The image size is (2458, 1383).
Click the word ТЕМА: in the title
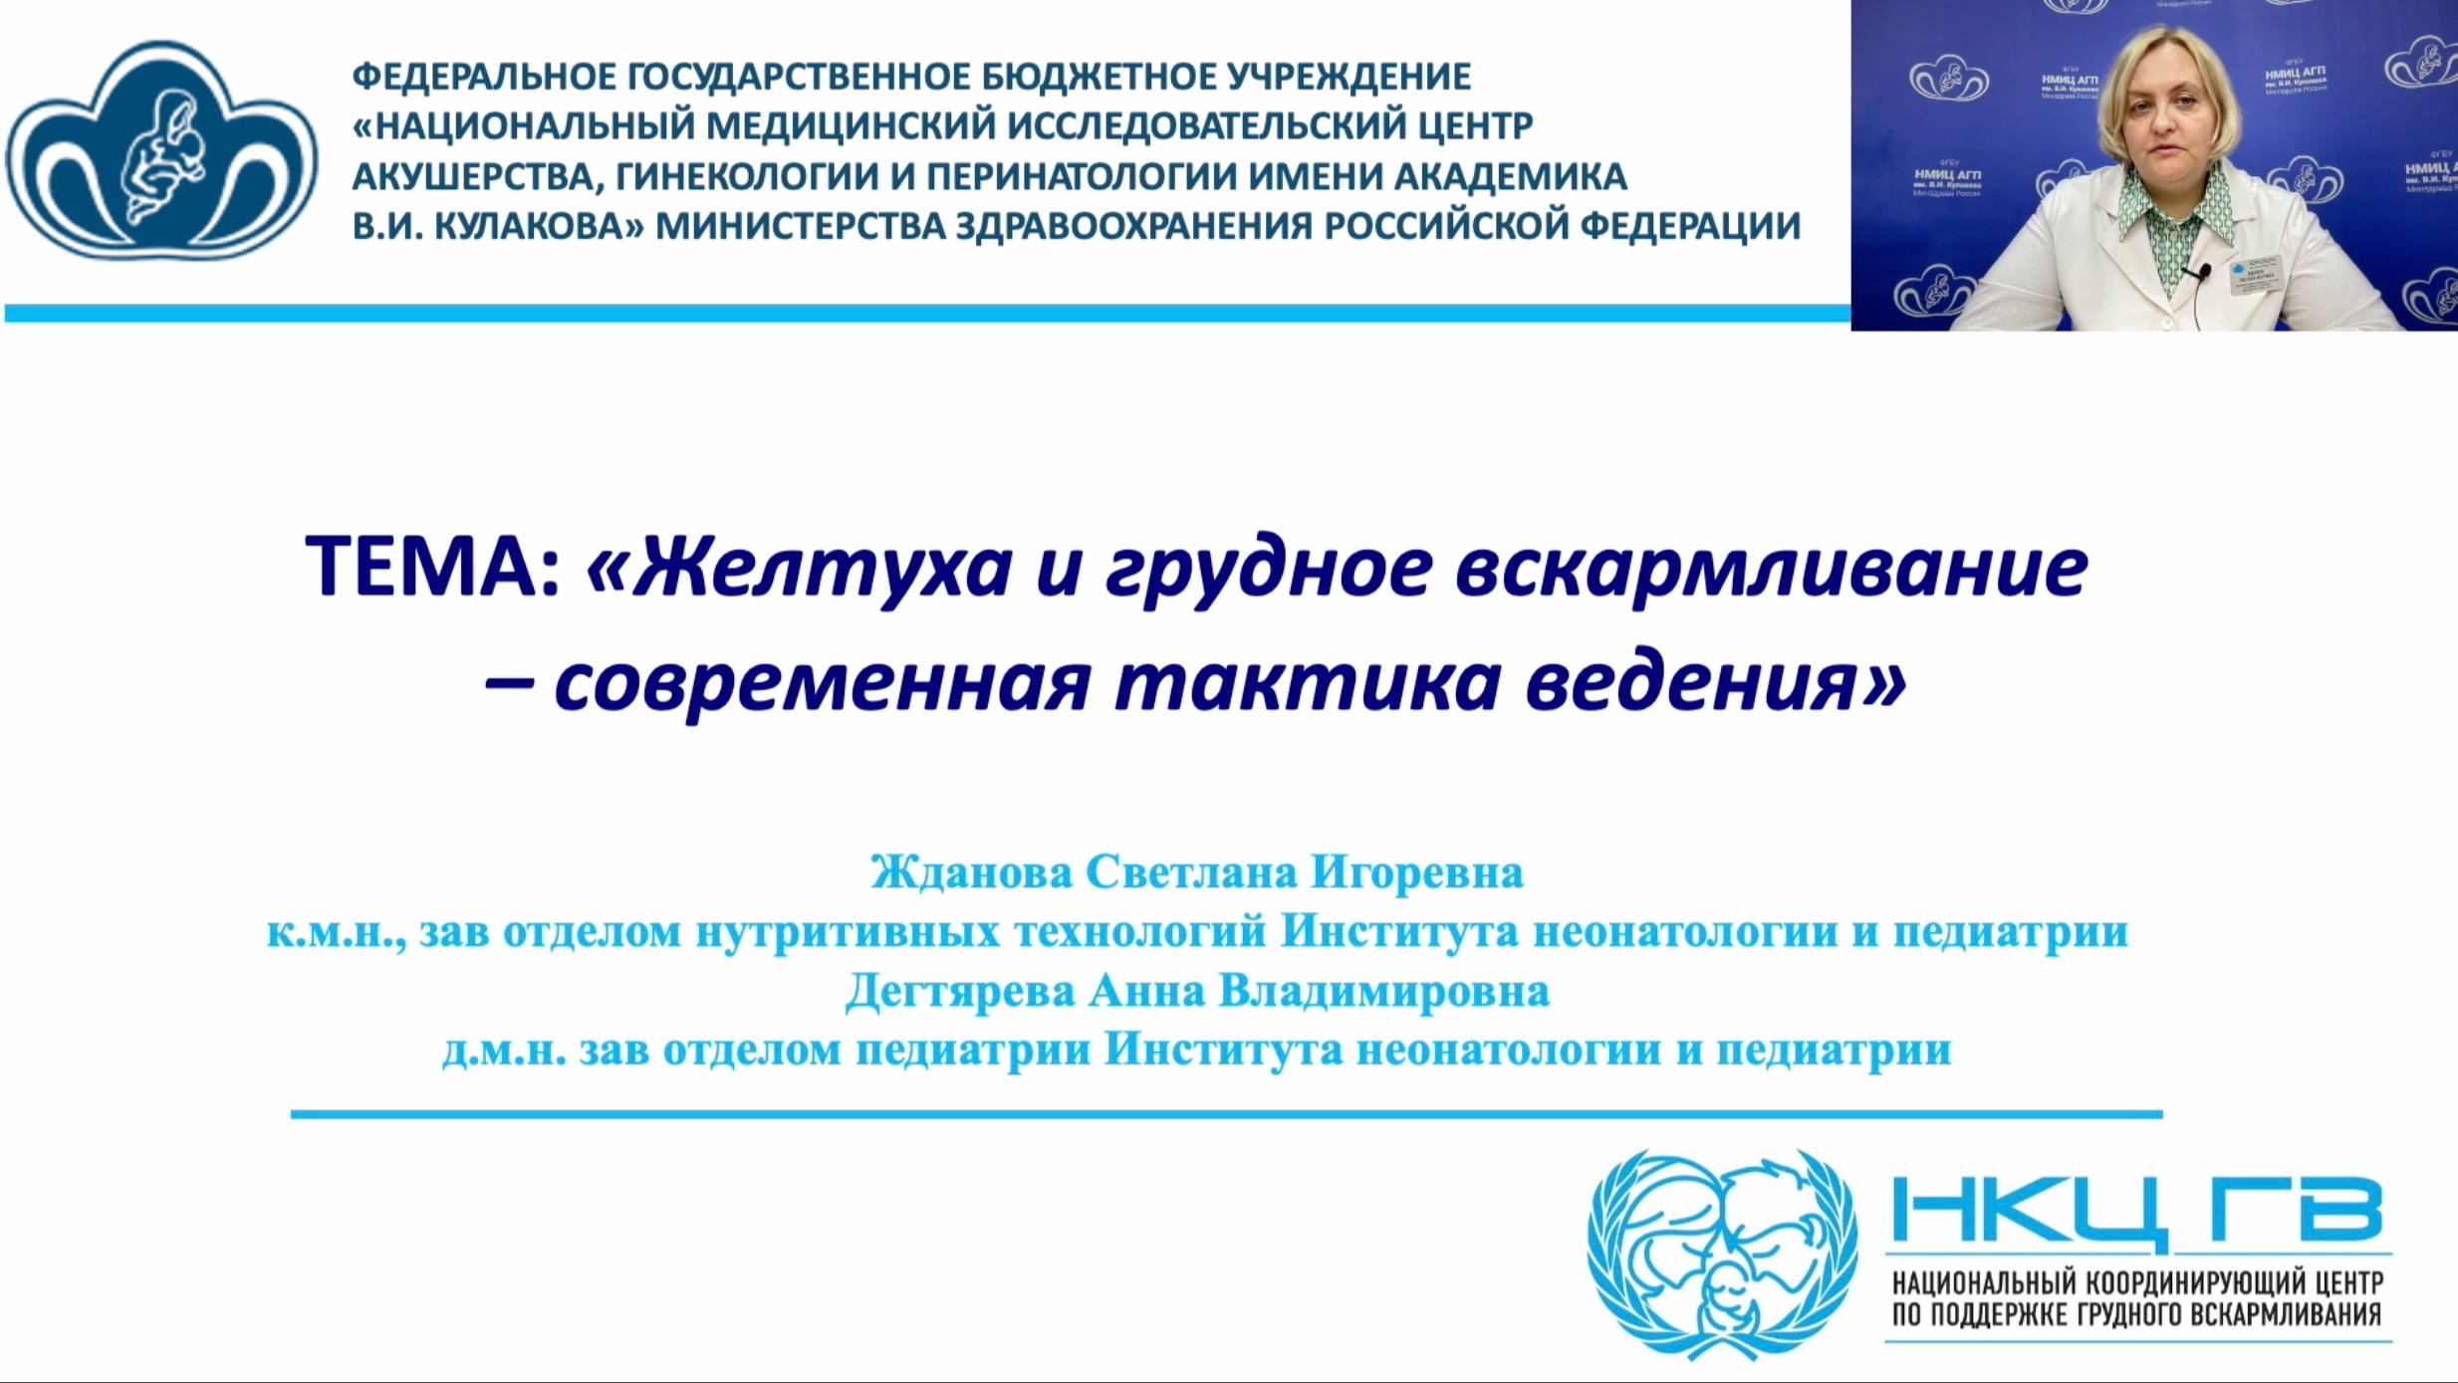433,566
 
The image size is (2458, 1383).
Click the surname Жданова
971,872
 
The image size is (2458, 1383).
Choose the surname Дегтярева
960,992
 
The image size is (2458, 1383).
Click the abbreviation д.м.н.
504,1050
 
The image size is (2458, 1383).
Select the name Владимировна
1383,992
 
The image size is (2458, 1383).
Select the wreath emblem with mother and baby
1722,1254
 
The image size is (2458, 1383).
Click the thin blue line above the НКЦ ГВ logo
1226,1114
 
